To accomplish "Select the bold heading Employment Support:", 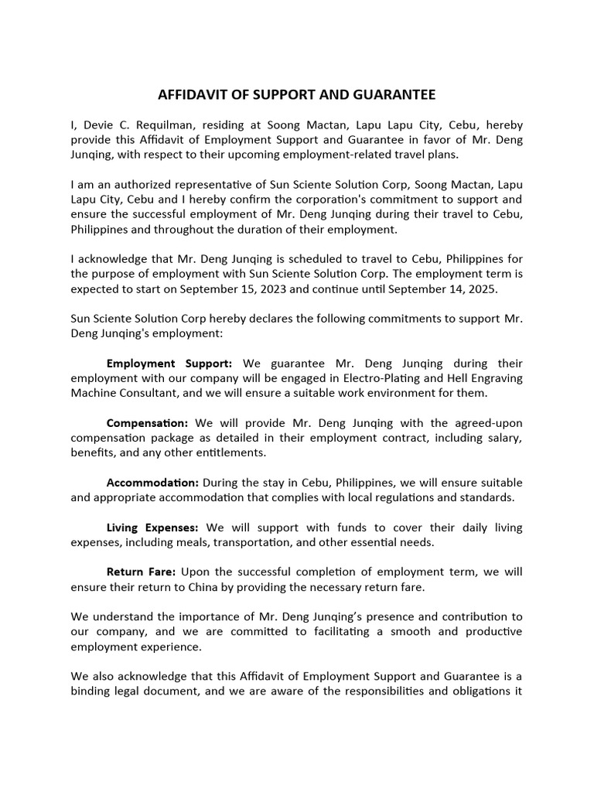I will point(169,363).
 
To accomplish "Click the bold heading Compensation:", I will point(147,423).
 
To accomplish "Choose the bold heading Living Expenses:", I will point(152,527).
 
